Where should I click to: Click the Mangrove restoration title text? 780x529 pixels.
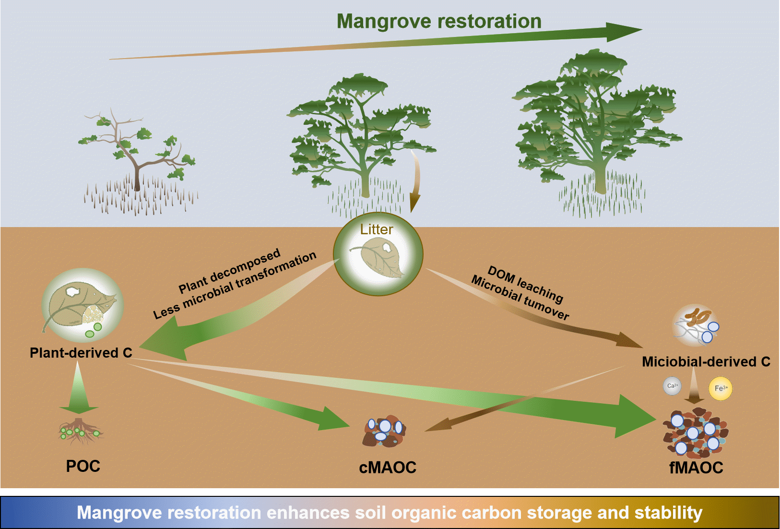point(439,22)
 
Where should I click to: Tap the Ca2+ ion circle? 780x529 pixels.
point(672,385)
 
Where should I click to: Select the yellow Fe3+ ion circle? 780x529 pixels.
point(721,388)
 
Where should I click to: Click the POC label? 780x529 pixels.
point(83,466)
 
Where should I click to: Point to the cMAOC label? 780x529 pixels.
point(388,468)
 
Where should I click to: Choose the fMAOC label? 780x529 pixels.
point(696,468)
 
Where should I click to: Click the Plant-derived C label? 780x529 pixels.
point(81,353)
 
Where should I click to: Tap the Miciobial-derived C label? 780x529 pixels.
point(706,361)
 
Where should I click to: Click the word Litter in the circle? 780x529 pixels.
point(377,229)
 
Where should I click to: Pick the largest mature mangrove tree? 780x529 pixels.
point(597,130)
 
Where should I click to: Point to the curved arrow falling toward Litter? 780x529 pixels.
point(415,180)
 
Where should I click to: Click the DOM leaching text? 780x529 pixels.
point(525,284)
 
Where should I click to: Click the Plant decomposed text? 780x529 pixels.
point(229,271)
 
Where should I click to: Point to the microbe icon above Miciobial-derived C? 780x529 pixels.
point(697,325)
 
